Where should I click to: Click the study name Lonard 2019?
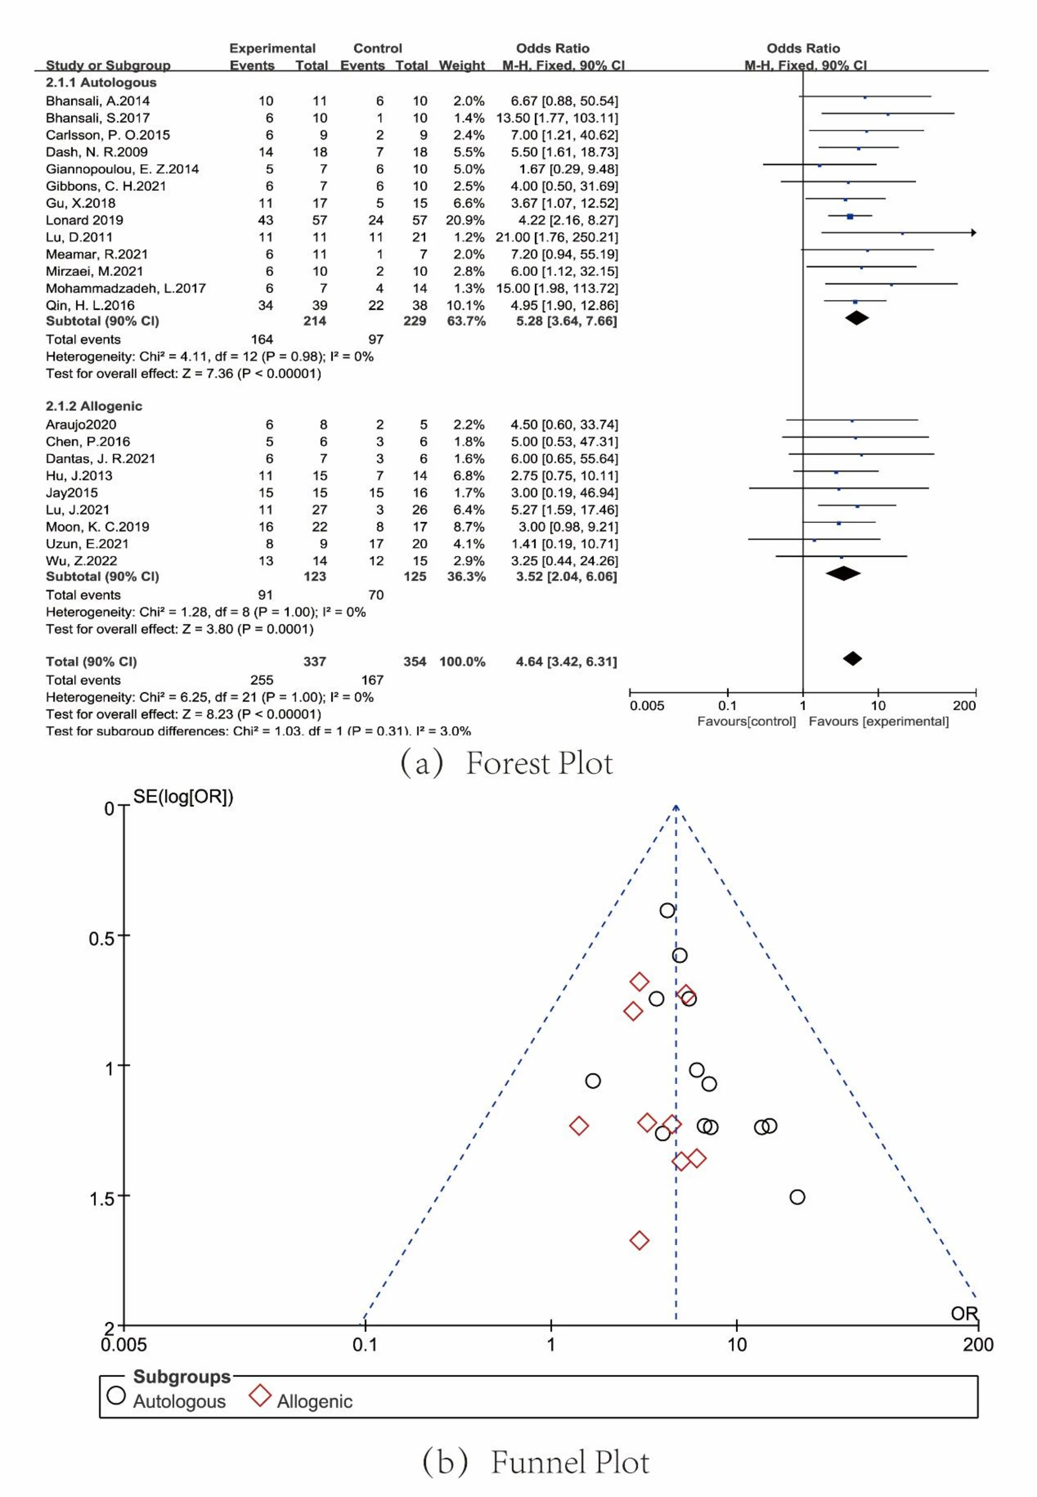click(x=84, y=220)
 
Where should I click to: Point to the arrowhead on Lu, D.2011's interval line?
click(x=973, y=233)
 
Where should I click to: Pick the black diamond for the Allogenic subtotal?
click(x=843, y=573)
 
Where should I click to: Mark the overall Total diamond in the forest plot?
click(x=852, y=659)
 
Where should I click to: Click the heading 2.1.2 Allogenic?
click(x=94, y=406)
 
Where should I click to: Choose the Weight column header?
click(x=461, y=65)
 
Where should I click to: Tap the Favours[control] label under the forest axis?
click(x=746, y=721)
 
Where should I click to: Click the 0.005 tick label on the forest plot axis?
click(x=646, y=706)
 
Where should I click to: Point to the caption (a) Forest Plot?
click(x=506, y=763)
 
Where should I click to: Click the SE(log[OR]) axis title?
click(x=183, y=797)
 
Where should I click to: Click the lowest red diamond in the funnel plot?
click(x=639, y=1241)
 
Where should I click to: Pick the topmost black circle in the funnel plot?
click(x=668, y=911)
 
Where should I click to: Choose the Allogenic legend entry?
click(x=315, y=1402)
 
